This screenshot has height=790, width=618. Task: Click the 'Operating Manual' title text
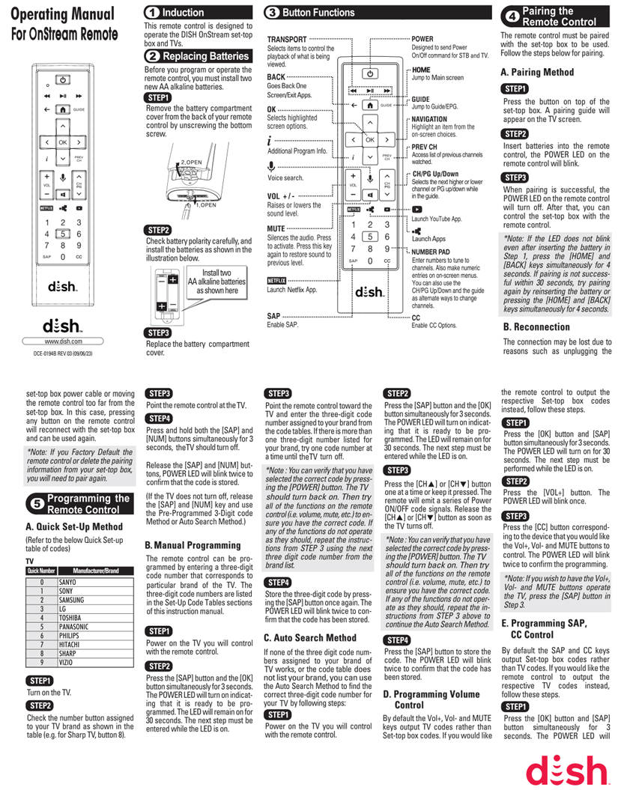click(63, 14)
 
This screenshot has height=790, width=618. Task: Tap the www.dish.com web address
click(63, 341)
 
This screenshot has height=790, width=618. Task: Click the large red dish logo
click(566, 769)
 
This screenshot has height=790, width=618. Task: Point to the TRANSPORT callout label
click(287, 38)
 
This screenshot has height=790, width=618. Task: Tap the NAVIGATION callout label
click(429, 119)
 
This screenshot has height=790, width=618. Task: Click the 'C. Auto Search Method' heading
click(309, 638)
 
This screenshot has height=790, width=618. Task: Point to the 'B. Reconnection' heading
click(536, 326)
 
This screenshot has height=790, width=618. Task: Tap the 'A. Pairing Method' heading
click(537, 73)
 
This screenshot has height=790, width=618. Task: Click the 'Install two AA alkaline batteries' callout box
click(216, 282)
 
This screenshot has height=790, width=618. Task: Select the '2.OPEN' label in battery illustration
click(190, 162)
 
